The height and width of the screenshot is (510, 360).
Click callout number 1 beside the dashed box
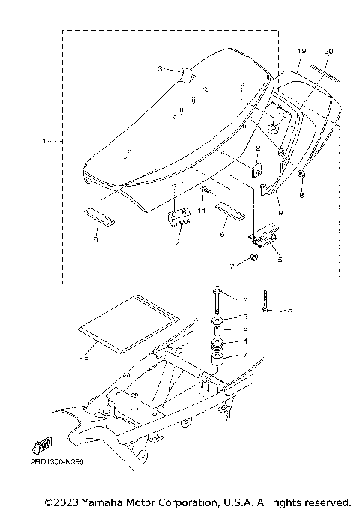(44, 140)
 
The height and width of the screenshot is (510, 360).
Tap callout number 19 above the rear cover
(302, 50)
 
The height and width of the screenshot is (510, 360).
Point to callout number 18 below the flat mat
(83, 360)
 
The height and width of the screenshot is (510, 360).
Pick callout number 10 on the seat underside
(282, 116)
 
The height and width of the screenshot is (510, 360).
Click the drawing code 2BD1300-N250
(57, 463)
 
